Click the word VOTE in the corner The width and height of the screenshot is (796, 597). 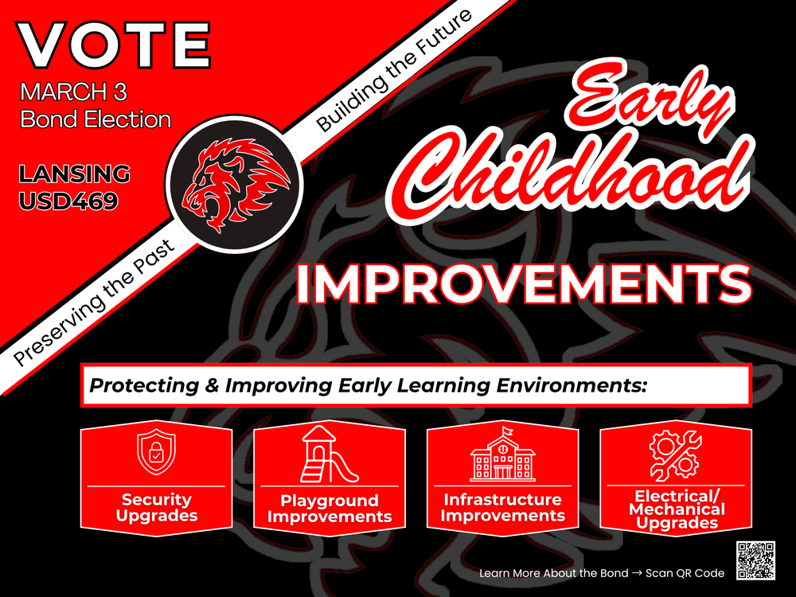click(x=115, y=45)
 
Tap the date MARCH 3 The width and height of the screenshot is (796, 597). click(x=73, y=92)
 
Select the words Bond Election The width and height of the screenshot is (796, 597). click(x=96, y=119)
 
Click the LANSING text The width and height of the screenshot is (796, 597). click(x=75, y=174)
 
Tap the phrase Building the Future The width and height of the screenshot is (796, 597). click(x=395, y=71)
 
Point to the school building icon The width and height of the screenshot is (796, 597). click(x=502, y=455)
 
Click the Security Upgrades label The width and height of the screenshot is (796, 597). click(x=156, y=507)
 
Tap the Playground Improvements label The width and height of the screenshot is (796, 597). click(x=329, y=508)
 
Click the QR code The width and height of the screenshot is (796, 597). click(x=755, y=560)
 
